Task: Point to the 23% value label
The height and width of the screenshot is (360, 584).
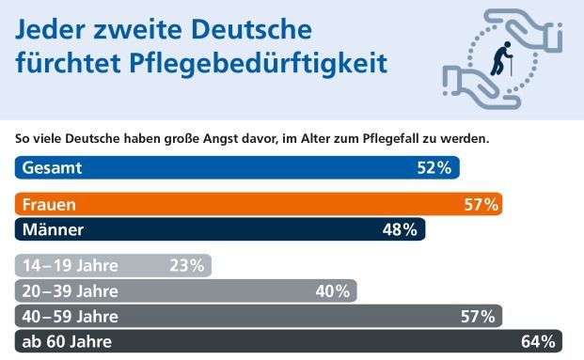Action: click(186, 266)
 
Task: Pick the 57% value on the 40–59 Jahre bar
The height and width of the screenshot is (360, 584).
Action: click(478, 317)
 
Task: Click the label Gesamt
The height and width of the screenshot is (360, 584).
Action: click(54, 168)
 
